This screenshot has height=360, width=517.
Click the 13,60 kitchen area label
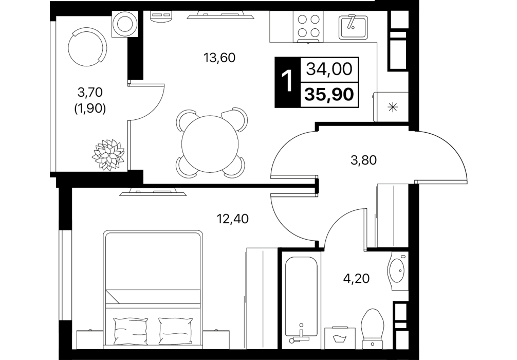tap(219, 58)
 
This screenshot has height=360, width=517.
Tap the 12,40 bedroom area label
tap(232, 219)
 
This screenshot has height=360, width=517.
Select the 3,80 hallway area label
tap(363, 160)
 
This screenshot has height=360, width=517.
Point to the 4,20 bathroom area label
tap(356, 279)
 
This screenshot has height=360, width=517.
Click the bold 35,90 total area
tap(329, 95)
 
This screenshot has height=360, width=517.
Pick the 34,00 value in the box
tap(329, 69)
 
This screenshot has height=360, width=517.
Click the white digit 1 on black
tap(287, 82)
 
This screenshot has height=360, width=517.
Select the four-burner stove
tap(309, 27)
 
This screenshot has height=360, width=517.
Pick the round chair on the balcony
tap(87, 47)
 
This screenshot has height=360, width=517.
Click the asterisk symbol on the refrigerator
tap(392, 107)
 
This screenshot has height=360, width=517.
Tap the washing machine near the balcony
tap(125, 24)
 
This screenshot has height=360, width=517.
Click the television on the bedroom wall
tap(153, 192)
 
